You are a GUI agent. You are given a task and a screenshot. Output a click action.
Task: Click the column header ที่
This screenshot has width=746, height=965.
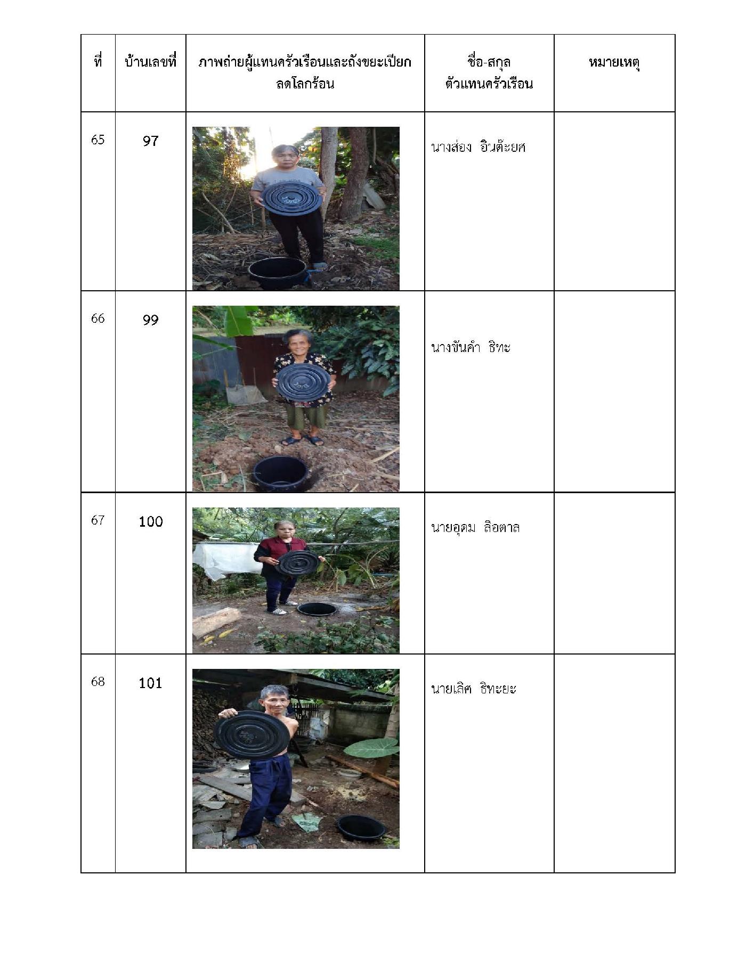98,62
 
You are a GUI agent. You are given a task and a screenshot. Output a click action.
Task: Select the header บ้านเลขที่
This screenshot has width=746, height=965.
150,62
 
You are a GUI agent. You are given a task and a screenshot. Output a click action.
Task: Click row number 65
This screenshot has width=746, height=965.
98,140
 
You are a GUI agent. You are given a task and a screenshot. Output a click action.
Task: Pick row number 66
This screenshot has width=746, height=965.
98,318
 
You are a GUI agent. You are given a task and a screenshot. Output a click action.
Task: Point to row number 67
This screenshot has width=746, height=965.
98,520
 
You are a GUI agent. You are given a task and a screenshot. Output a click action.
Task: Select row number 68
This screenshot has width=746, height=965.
98,682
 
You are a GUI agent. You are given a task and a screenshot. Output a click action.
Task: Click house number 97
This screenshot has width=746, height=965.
150,141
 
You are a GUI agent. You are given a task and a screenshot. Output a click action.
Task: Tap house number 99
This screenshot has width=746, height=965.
150,320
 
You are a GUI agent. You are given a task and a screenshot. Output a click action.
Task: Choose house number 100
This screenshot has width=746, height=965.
150,521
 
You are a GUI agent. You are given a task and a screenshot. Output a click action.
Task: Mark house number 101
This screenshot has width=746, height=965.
150,683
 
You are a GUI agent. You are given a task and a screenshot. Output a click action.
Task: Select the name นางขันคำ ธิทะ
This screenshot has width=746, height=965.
471,347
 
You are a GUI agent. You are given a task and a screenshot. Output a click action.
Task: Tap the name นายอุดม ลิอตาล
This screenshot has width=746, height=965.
475,527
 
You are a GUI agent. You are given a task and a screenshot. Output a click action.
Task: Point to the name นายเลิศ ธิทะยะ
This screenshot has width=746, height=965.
473,689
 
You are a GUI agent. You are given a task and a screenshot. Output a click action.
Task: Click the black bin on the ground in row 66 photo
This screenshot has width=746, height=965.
279,473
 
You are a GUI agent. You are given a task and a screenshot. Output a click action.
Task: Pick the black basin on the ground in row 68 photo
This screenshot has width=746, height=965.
361,827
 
